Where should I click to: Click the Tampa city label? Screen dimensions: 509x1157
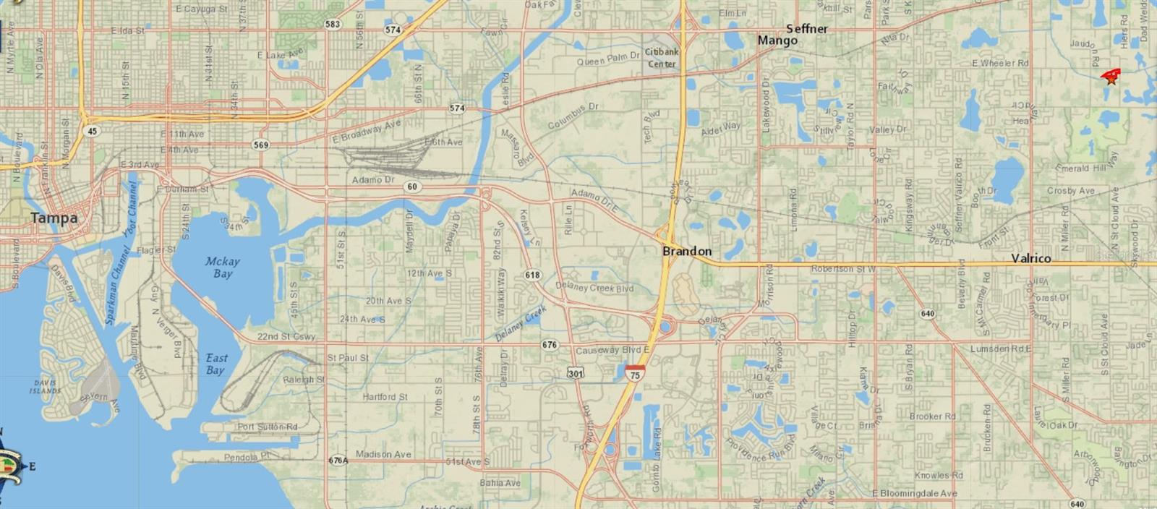(54, 218)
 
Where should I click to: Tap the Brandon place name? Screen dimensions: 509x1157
(687, 251)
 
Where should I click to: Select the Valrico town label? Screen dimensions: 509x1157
(1030, 258)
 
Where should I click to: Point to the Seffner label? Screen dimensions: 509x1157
(806, 29)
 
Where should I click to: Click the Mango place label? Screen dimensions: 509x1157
(777, 40)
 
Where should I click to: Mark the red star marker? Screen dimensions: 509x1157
(1111, 79)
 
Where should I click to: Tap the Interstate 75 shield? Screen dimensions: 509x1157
(635, 374)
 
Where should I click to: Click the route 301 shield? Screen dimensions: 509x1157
(576, 374)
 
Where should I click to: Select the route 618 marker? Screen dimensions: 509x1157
(532, 275)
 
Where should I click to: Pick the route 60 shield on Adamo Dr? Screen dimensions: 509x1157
(412, 187)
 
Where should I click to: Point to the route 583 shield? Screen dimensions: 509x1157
(333, 25)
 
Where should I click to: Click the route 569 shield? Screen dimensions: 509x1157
(261, 145)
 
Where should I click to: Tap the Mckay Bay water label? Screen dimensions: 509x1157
(222, 267)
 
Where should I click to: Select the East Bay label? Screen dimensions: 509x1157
(215, 364)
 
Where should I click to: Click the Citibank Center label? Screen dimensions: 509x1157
(662, 58)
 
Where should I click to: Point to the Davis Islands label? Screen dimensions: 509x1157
(45, 387)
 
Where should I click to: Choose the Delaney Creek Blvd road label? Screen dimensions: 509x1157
(594, 287)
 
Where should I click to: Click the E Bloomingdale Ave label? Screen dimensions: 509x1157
(914, 494)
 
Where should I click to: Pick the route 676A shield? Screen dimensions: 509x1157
(338, 460)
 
